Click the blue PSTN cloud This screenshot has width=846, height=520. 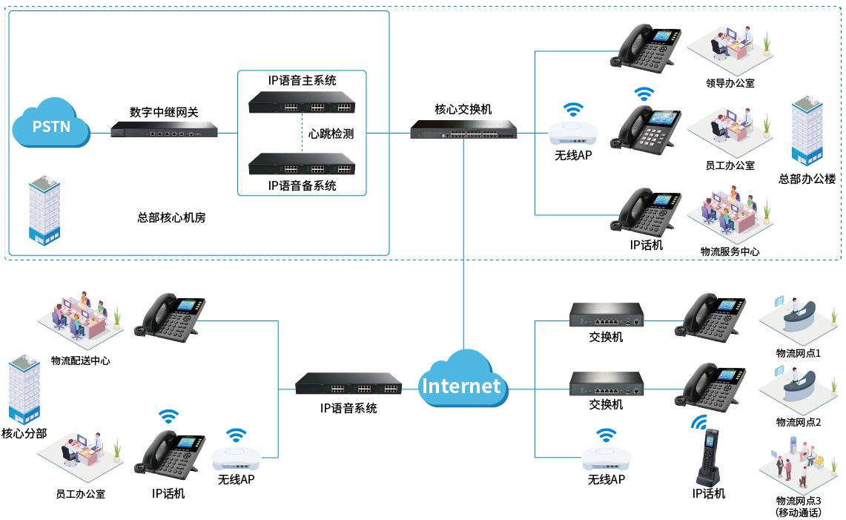pyautogui.click(x=51, y=123)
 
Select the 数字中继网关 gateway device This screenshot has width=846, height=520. pyautogui.click(x=164, y=130)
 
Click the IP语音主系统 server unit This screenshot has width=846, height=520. pyautogui.click(x=302, y=102)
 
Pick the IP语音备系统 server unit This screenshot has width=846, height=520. pyautogui.click(x=302, y=164)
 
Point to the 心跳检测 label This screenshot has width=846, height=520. pyautogui.click(x=331, y=134)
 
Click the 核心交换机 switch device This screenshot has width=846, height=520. pyautogui.click(x=463, y=130)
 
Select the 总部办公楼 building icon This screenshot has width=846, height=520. pyautogui.click(x=807, y=130)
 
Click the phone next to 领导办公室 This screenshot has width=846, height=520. pyautogui.click(x=646, y=49)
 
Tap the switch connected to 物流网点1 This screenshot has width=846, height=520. pyautogui.click(x=607, y=315)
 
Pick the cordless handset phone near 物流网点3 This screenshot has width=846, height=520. pyautogui.click(x=708, y=457)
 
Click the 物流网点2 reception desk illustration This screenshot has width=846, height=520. pyautogui.click(x=798, y=390)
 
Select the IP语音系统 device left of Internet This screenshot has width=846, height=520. pyautogui.click(x=348, y=384)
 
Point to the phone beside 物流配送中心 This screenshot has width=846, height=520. pyautogui.click(x=169, y=318)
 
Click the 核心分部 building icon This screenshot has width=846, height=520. pyautogui.click(x=24, y=389)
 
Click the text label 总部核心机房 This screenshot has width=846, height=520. pyautogui.click(x=171, y=217)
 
